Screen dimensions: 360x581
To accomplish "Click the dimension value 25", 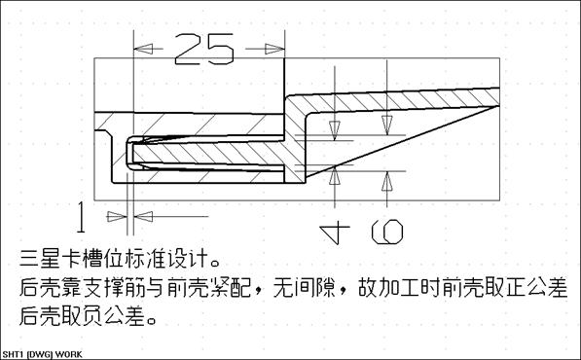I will coord(204,47).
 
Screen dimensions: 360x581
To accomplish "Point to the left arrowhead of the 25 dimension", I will coord(138,47).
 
